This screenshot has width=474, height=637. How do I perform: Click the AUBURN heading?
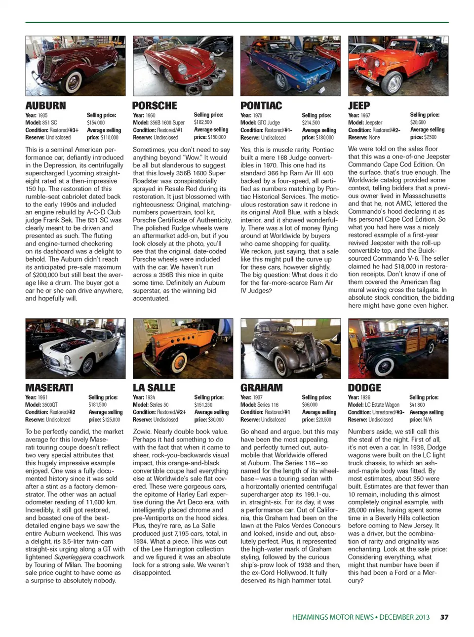point(45,106)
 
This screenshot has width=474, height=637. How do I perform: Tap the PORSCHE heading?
point(155,106)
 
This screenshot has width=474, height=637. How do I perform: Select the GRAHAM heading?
point(262,388)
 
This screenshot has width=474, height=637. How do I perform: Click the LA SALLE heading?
point(154,388)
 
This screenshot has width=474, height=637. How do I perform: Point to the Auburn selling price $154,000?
point(96,122)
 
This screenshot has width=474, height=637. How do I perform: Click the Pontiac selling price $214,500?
point(311,122)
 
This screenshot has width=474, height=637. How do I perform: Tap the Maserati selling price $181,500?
point(98,404)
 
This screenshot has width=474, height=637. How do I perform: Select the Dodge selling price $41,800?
point(417,404)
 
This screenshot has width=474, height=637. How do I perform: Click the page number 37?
point(444,617)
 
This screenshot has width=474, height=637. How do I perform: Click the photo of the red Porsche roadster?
point(183,66)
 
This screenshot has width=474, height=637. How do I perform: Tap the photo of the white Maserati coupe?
point(76,349)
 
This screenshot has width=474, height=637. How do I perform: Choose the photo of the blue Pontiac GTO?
point(290,66)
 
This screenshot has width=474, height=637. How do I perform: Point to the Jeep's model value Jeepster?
point(374,122)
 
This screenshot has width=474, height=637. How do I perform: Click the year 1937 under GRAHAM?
point(258,397)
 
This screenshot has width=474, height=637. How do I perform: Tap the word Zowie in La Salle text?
point(142,432)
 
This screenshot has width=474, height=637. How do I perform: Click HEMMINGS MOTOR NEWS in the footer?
point(332,617)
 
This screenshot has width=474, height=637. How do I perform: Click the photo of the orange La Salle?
point(183,349)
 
